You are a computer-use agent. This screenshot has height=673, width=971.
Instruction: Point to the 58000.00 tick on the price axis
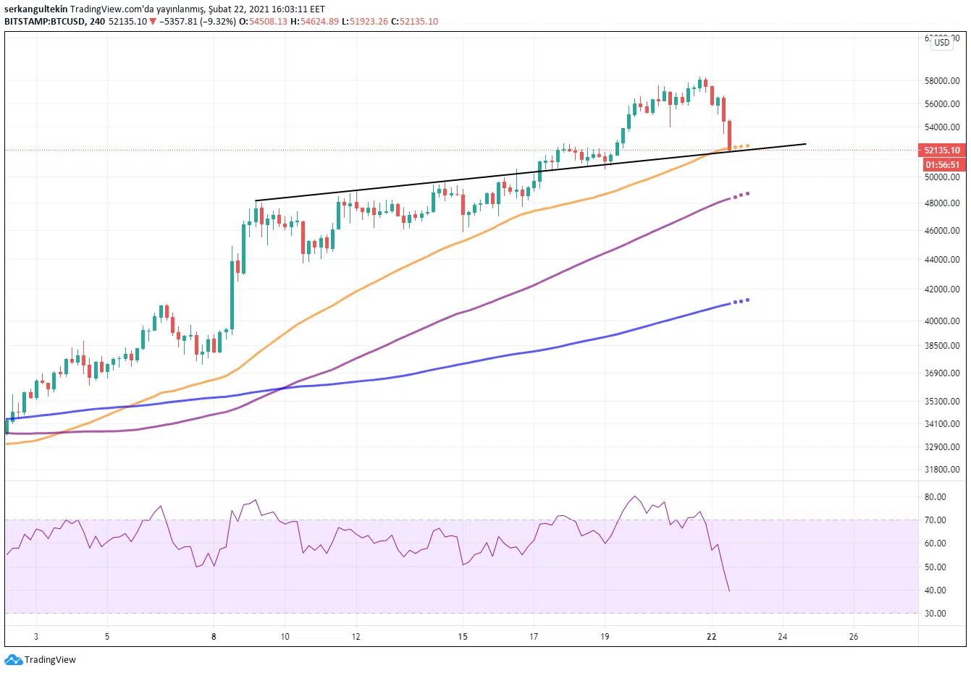tap(942, 81)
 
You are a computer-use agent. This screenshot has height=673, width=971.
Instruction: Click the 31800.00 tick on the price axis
tap(942, 470)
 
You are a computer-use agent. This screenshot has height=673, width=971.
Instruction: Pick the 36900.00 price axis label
tap(942, 373)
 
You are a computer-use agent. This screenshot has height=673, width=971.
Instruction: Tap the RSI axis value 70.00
tap(935, 520)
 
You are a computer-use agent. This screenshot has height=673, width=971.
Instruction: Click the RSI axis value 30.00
tap(935, 614)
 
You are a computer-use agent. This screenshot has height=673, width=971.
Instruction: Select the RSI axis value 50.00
tap(935, 567)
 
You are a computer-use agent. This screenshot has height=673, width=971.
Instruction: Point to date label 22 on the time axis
tap(712, 637)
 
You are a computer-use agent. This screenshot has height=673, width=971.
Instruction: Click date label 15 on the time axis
tap(463, 637)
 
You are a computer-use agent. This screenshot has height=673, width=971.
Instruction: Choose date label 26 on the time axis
tap(854, 637)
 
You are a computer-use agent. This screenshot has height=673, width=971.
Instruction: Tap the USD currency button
tap(941, 43)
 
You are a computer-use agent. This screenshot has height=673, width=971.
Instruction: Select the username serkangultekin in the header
tap(36, 9)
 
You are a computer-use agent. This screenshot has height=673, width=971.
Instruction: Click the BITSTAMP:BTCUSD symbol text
tap(44, 22)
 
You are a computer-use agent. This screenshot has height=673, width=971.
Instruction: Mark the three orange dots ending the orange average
tap(741, 147)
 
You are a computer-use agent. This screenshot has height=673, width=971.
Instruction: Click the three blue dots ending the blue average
tap(741, 301)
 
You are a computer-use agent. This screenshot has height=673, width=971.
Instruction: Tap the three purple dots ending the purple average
tap(741, 195)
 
